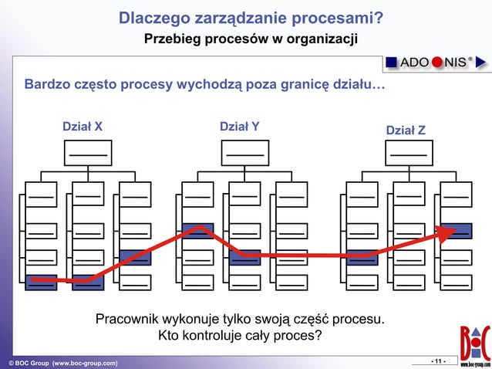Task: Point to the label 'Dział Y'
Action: click(x=240, y=127)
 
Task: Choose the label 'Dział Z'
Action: click(x=405, y=131)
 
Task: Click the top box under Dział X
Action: click(x=88, y=154)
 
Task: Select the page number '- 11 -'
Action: click(x=437, y=361)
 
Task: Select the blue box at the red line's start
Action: click(x=41, y=282)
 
